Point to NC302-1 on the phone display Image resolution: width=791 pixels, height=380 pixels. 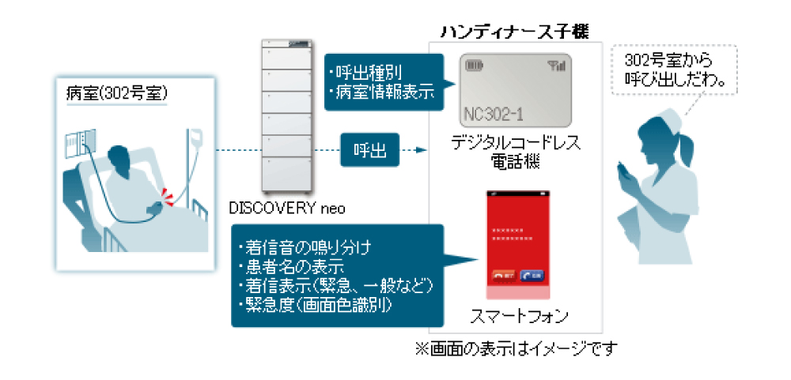490,113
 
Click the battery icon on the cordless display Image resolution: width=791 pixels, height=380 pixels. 475,65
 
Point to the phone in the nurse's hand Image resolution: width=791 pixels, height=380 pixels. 623,169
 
